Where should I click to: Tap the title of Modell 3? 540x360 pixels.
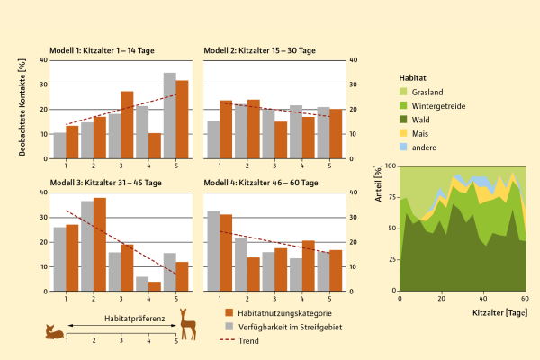coord(106,183)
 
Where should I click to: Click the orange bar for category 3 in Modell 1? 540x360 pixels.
coord(127,125)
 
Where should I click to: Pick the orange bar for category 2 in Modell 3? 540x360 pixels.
coord(100,244)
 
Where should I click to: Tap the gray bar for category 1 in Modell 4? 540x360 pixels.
coord(212,251)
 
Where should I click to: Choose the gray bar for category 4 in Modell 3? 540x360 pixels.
coord(141,283)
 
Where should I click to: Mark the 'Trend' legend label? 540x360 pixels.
coord(249,339)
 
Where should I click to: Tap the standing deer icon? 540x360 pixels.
coord(188,324)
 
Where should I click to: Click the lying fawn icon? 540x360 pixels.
coord(55,333)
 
